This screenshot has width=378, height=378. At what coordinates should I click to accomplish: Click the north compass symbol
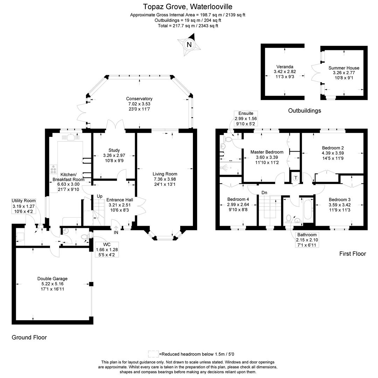tap(189, 44)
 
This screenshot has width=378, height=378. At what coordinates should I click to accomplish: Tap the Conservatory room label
tap(139, 99)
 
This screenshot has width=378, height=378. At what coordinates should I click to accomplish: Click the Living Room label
tap(165, 174)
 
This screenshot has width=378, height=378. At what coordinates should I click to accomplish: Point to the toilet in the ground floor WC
tap(84, 237)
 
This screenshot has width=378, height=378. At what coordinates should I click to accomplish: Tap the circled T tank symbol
tap(296, 178)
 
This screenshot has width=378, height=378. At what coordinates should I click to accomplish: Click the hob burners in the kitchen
tap(54, 170)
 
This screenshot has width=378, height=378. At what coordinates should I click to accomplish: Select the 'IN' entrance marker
tap(116, 232)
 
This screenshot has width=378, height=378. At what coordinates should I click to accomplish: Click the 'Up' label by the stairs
tap(99, 196)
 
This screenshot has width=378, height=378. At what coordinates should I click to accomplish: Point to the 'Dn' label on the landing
tap(265, 192)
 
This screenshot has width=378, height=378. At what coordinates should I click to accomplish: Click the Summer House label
tap(344, 68)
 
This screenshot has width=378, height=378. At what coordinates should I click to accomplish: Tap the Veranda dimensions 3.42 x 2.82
tap(284, 71)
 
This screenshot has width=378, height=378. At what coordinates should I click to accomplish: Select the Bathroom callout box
tap(307, 240)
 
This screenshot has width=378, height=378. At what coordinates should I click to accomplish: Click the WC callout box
tap(107, 249)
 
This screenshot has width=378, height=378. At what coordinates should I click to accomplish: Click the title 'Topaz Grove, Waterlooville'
tap(188, 7)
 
